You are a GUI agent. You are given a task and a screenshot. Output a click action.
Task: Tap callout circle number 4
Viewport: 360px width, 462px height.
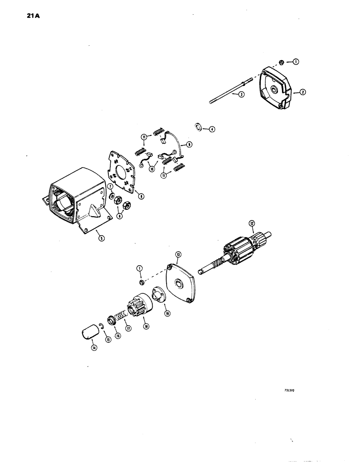(212, 129)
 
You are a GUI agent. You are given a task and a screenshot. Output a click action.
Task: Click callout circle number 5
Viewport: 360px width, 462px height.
(102, 238)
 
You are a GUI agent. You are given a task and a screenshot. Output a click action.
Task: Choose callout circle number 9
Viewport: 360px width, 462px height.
(189, 145)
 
